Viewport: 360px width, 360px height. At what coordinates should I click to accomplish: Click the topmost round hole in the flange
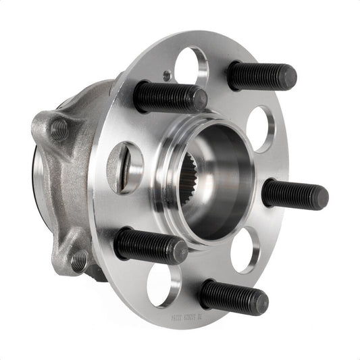point(190,66)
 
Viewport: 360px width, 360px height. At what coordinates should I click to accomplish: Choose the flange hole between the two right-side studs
point(245,250)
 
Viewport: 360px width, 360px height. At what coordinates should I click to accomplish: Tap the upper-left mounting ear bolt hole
point(59,130)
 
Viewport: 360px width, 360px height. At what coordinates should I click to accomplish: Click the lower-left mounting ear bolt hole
point(78,260)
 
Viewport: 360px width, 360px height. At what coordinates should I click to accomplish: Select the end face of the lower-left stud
point(179,252)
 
